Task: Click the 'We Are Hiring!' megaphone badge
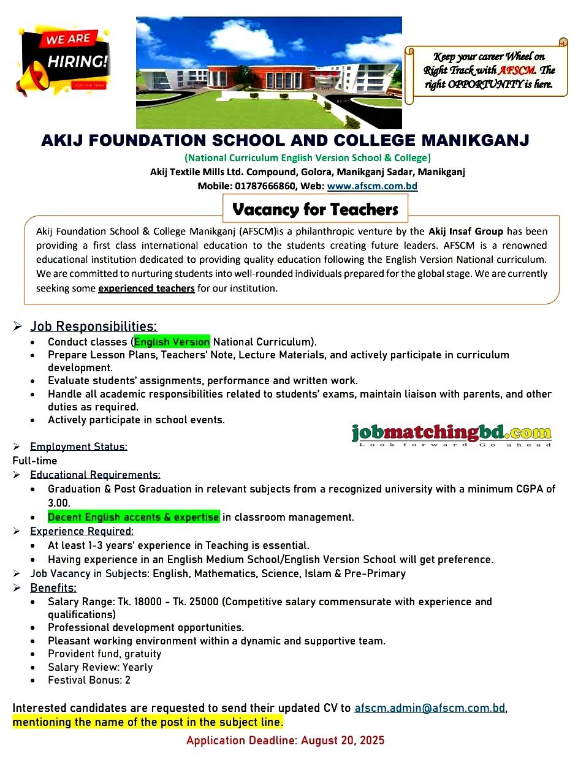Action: [x=64, y=59]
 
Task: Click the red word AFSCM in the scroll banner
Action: [x=517, y=70]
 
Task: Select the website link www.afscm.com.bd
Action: [x=372, y=186]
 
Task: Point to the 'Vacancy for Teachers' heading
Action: [x=315, y=209]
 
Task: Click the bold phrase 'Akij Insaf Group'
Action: [x=466, y=232]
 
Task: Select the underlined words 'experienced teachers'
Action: [x=146, y=288]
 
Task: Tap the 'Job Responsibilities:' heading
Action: [x=93, y=326]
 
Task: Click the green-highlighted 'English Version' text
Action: [x=172, y=342]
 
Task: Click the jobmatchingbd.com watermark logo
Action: [x=451, y=435]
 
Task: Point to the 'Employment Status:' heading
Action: [x=78, y=447]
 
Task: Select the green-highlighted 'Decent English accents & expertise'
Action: [x=133, y=517]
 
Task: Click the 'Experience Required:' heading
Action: [x=82, y=531]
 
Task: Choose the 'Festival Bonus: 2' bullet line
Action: [x=89, y=680]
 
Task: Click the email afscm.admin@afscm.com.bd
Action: [x=430, y=708]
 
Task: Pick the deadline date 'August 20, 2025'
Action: [x=343, y=741]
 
